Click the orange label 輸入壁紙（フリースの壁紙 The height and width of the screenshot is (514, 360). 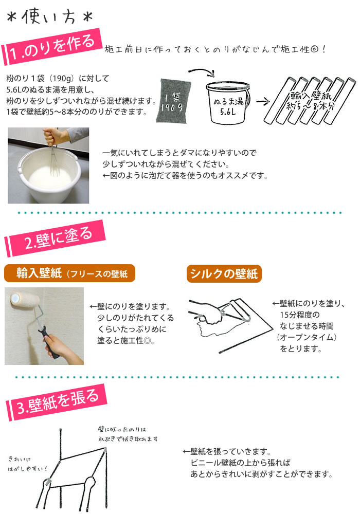pyautogui.click(x=69, y=273)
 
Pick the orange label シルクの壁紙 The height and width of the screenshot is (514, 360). pyautogui.click(x=224, y=273)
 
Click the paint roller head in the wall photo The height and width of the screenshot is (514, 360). pyautogui.click(x=23, y=299)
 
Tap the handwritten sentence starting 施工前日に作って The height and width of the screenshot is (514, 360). pyautogui.click(x=215, y=50)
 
